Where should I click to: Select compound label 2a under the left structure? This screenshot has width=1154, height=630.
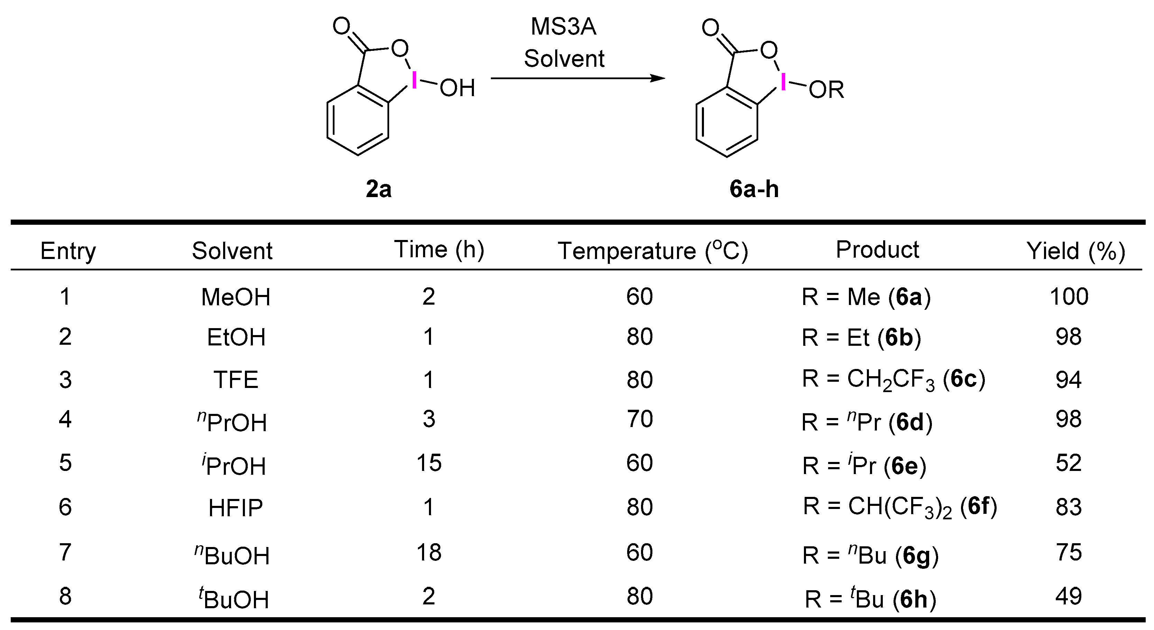378,188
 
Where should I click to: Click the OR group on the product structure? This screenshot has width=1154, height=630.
826,90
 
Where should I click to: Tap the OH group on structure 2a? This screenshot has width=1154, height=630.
457,88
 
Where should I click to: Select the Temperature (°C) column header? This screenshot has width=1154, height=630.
652,250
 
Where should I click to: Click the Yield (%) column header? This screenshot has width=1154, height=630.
1075,251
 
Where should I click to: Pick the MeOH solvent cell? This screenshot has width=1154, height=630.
236,297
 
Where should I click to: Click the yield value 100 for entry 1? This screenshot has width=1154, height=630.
1069,296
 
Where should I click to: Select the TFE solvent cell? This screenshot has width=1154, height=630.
236,380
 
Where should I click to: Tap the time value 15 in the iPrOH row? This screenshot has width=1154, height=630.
429,463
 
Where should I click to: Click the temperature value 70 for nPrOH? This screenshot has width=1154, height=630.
639,419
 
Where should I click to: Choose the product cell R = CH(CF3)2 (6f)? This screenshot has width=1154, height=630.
899,507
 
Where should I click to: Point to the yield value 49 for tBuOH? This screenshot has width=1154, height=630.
1069,596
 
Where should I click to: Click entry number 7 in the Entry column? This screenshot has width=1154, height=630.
65,552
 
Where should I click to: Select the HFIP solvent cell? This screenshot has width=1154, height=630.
236,508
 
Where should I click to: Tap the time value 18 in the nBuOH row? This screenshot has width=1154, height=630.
429,552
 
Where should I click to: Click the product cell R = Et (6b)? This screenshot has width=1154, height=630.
861,337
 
